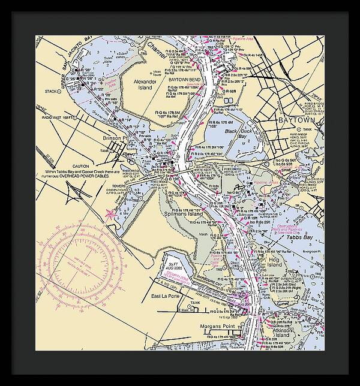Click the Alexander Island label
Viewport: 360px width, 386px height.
[x=144, y=84]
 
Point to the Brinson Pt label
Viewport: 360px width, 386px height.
[x=116, y=137]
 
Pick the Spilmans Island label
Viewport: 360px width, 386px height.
[x=184, y=214]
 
